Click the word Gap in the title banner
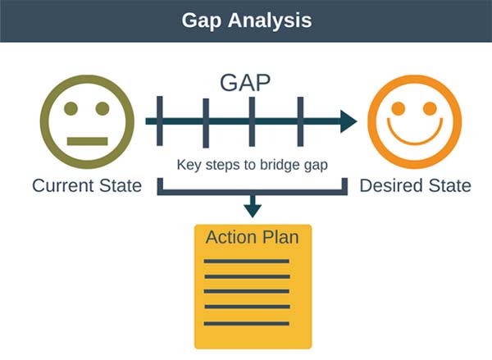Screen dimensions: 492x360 click(202, 21)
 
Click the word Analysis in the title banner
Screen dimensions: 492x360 click(270, 21)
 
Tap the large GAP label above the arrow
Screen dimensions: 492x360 click(245, 83)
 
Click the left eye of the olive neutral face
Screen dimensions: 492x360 click(71, 108)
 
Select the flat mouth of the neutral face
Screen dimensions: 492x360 click(88, 141)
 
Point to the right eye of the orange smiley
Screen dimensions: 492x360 click(430, 108)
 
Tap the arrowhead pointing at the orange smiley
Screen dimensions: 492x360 click(348, 121)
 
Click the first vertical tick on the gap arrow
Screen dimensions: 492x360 click(160, 121)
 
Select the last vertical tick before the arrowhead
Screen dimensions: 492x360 click(300, 122)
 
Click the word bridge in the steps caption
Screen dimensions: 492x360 click(280, 165)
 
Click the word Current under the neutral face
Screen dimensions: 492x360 click(63, 185)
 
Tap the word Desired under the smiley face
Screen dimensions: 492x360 click(391, 185)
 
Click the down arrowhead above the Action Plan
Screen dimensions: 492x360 click(253, 211)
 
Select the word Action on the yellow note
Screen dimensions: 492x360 click(231, 237)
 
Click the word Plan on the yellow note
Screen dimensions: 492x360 click(280, 237)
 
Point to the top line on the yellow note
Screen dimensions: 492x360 click(247, 261)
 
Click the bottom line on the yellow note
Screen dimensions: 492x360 click(247, 324)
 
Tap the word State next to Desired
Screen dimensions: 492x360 click(450, 185)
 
